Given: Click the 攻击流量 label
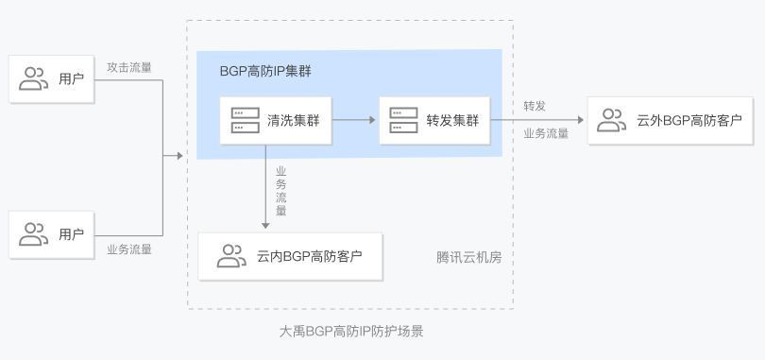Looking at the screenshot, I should [129, 67].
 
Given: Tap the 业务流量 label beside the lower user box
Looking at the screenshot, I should [129, 249].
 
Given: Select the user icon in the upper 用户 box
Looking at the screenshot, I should [34, 78].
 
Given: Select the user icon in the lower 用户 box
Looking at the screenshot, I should [34, 233].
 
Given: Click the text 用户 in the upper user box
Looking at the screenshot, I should [71, 78].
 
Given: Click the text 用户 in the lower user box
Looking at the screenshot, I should [71, 234].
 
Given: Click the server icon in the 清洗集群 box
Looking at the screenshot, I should [245, 120].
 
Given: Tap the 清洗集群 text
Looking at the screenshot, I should [293, 121].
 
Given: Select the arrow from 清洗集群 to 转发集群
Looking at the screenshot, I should [355, 120].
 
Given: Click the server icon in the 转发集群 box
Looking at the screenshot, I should [403, 120].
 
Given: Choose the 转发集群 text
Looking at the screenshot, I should [452, 121].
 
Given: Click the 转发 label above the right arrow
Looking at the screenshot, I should [535, 105].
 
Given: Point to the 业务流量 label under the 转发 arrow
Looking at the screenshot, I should [546, 133].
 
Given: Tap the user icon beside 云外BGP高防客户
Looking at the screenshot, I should [612, 120].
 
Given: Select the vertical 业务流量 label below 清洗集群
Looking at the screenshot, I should [280, 192].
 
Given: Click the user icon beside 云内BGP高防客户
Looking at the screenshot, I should [231, 255].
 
